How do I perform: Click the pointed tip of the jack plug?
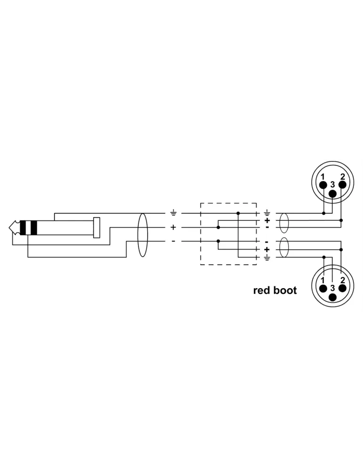(x=9, y=227)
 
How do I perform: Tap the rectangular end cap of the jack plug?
(x=97, y=227)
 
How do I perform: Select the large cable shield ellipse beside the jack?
(x=143, y=235)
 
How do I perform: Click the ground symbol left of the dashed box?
(x=173, y=213)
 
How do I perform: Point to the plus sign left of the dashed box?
(x=173, y=227)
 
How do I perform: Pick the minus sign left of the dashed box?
(x=173, y=241)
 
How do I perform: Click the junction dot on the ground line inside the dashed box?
(x=238, y=213)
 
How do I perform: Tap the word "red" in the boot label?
(x=262, y=291)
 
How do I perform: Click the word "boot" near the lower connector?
(x=285, y=291)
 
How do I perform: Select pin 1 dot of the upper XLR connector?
(x=323, y=185)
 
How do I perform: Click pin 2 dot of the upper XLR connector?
(x=342, y=185)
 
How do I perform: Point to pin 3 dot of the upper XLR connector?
(x=333, y=194)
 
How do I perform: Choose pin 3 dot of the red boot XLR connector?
(x=333, y=297)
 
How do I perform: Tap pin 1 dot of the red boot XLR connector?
(x=323, y=288)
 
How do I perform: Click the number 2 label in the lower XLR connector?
(x=343, y=280)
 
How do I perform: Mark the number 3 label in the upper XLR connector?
(x=332, y=185)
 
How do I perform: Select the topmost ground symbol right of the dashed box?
(x=267, y=213)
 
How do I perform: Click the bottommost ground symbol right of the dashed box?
(x=267, y=258)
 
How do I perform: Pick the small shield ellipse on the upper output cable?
(x=284, y=223)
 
